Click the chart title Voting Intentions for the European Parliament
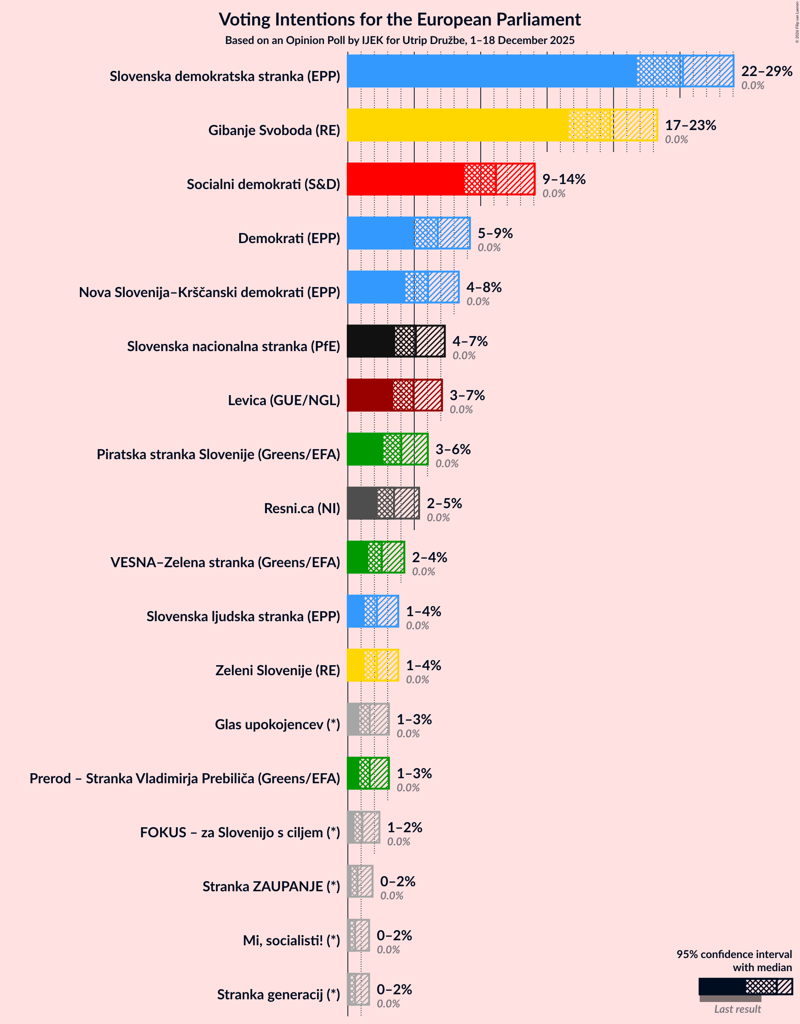click(x=400, y=20)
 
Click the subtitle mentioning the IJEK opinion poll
click(x=400, y=41)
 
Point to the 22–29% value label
click(x=766, y=71)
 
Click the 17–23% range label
click(x=690, y=125)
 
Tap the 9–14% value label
click(x=564, y=179)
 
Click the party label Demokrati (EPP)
click(x=289, y=238)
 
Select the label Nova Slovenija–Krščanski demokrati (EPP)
click(x=209, y=292)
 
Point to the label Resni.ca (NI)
click(x=302, y=508)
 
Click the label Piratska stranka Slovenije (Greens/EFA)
click(x=218, y=455)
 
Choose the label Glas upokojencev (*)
click(x=277, y=724)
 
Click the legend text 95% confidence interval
click(x=734, y=954)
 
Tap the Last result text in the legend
click(x=737, y=1009)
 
